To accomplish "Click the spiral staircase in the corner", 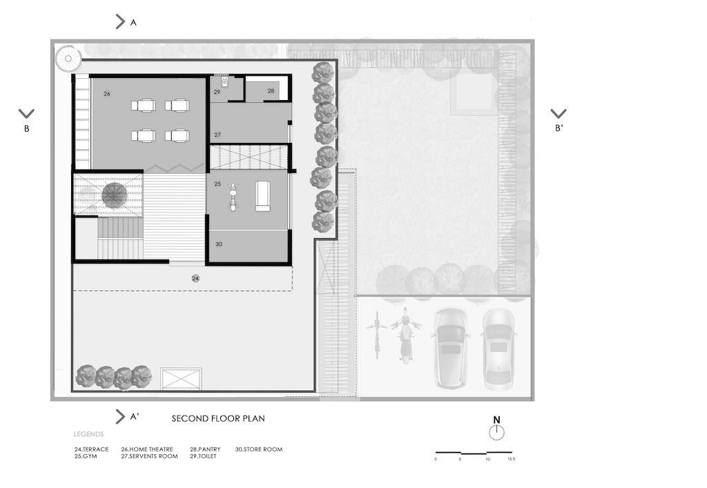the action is click(68, 58).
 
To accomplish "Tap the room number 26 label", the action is click(107, 94).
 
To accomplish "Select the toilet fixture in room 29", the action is click(224, 82).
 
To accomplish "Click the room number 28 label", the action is click(271, 90).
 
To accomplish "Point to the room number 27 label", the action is click(217, 135).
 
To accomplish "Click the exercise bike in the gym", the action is click(233, 197).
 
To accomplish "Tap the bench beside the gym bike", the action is click(262, 196).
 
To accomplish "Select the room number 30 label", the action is click(219, 244).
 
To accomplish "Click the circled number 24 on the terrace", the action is click(195, 278).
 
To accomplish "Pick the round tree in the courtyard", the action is click(114, 195).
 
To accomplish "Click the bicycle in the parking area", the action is click(378, 334).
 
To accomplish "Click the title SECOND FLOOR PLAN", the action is click(218, 418).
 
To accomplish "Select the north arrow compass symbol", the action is click(496, 429).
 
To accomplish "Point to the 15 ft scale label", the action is click(511, 459).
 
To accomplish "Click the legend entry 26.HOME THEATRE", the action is click(147, 449).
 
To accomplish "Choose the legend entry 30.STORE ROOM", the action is click(259, 449).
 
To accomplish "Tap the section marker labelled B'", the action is click(559, 120).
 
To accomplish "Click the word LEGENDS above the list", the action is click(89, 434).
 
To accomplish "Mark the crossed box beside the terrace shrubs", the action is click(181, 378).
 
